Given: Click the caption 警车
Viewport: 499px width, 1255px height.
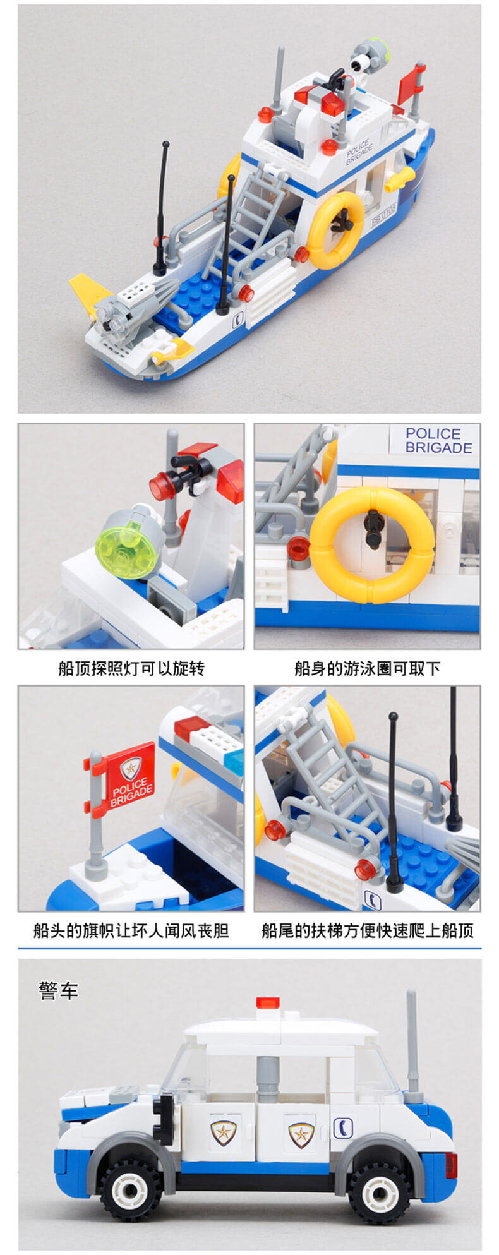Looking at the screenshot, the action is [58, 990].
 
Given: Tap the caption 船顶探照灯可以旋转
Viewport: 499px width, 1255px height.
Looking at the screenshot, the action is [131, 668].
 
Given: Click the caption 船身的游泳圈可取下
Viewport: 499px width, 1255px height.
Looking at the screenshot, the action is [367, 668].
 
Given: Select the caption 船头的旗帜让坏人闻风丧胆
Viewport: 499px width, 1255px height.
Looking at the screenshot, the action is [131, 930].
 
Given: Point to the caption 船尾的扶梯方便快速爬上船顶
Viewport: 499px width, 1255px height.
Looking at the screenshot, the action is [367, 930].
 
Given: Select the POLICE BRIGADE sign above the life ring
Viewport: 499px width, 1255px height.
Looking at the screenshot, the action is [438, 440].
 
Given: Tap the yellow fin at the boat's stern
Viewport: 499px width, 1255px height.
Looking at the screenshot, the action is [92, 292].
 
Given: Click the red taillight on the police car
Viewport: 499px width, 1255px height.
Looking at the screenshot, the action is [451, 1165].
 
